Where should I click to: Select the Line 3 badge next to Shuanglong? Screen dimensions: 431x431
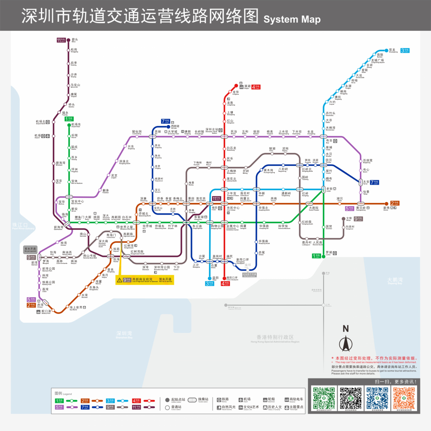click(x=406, y=51)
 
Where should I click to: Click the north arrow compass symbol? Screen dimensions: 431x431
click(x=346, y=344)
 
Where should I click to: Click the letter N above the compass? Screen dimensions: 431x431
click(x=346, y=329)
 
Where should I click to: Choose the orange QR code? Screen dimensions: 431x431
click(x=404, y=398)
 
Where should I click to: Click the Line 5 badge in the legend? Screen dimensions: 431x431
click(x=59, y=407)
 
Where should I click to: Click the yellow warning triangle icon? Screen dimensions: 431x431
click(x=120, y=280)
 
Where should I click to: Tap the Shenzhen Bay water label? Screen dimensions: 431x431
click(x=125, y=334)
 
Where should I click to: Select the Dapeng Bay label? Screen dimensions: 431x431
click(x=395, y=280)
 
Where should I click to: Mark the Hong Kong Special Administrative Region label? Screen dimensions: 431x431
click(x=275, y=338)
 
